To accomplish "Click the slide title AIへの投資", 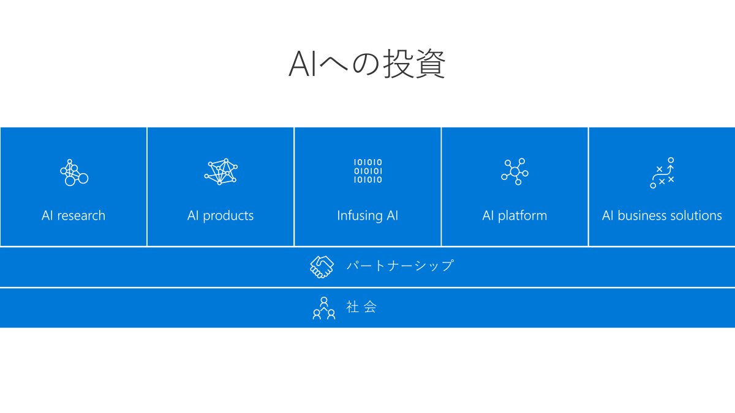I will click(367, 64).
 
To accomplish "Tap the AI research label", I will click(73, 215).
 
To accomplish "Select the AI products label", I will click(221, 215).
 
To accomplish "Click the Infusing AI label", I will click(367, 215).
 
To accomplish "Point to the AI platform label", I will click(514, 215).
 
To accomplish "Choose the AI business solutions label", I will click(661, 215).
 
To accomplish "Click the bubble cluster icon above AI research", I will click(73, 172).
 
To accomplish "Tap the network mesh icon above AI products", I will click(221, 172).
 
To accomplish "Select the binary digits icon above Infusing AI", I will click(367, 171).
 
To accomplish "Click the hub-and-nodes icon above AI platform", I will click(514, 171).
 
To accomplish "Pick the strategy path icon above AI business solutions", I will click(662, 173).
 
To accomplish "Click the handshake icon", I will click(322, 267).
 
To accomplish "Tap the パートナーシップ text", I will click(399, 266).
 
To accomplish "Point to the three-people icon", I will click(324, 308).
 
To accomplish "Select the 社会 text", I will click(361, 307).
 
